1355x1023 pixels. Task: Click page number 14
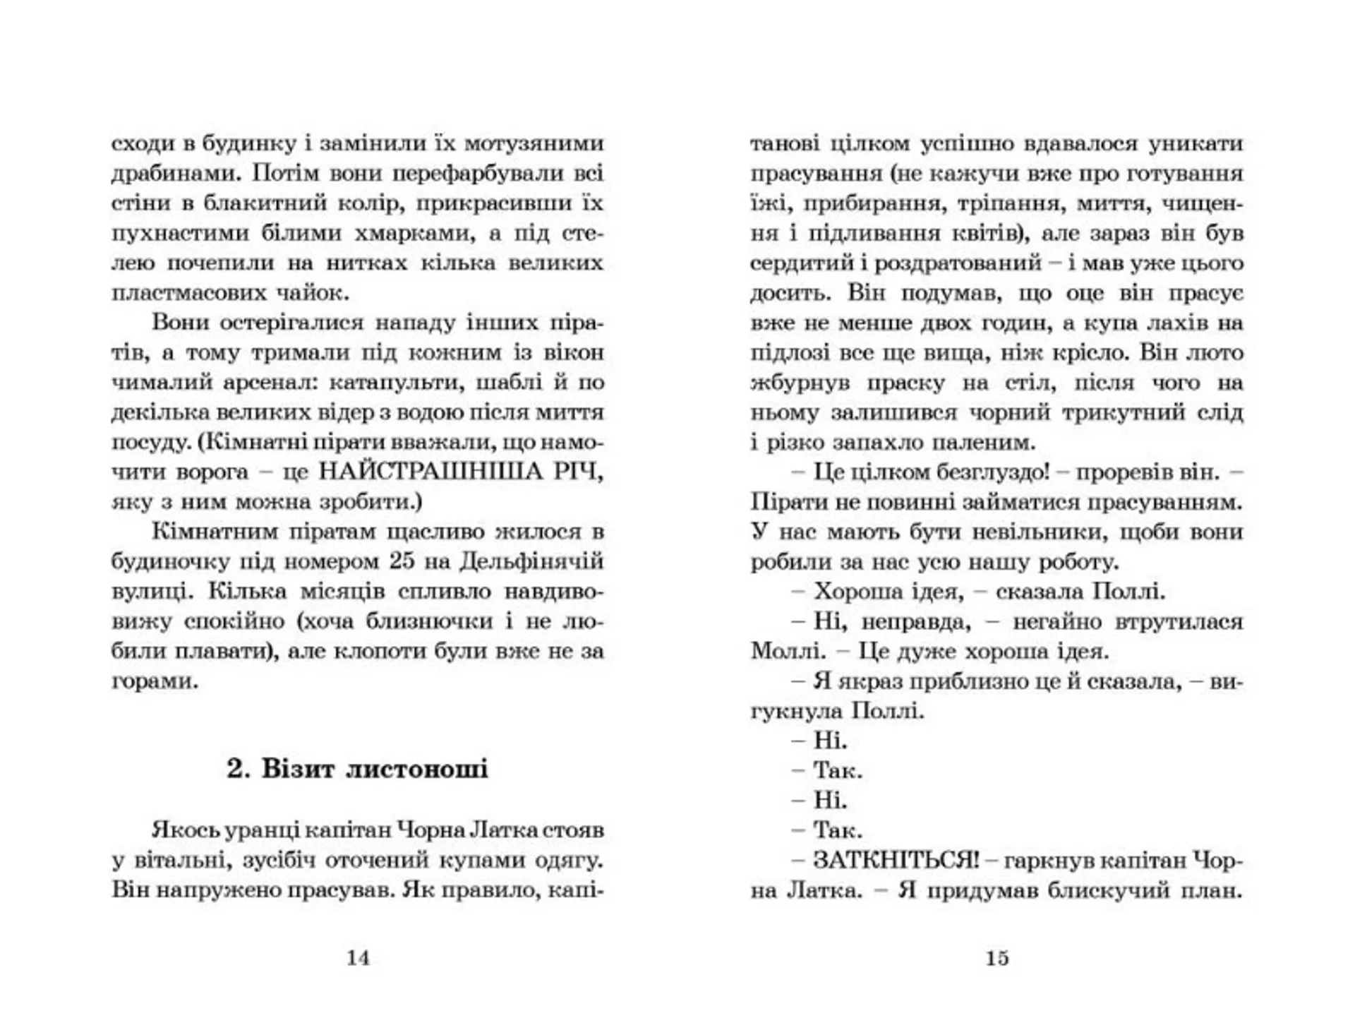(x=358, y=958)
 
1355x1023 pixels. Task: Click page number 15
(x=996, y=958)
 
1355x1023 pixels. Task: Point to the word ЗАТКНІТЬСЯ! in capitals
(x=896, y=860)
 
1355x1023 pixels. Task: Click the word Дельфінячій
(x=532, y=562)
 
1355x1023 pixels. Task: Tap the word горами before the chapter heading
(x=155, y=681)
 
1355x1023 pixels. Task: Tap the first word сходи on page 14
(x=143, y=143)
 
